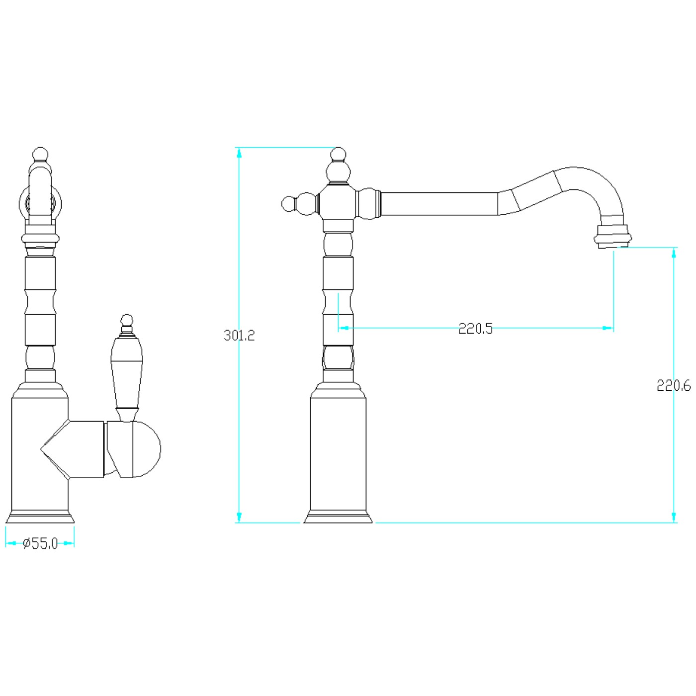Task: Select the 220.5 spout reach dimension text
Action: point(475,329)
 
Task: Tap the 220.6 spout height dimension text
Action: point(674,386)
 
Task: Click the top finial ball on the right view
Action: point(338,154)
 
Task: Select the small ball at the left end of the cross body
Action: point(288,204)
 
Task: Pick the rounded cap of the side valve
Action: point(146,449)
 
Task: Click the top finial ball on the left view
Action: point(40,154)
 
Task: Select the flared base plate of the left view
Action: point(40,517)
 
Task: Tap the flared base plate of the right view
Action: point(338,517)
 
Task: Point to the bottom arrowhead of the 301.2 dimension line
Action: point(239,518)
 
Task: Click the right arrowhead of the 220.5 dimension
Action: point(608,328)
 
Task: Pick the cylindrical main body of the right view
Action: point(338,454)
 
